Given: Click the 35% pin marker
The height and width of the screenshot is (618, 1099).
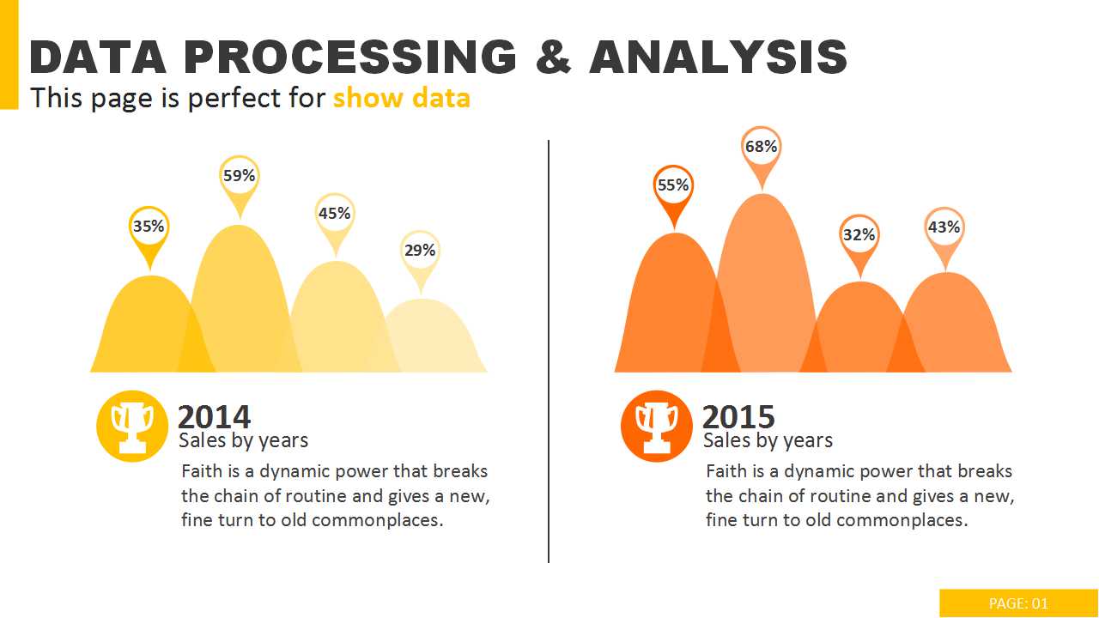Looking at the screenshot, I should pyautogui.click(x=149, y=227).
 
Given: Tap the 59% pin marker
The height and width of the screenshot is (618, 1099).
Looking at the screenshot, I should pyautogui.click(x=239, y=177).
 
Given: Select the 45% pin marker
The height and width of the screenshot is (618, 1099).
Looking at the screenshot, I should pyautogui.click(x=334, y=214).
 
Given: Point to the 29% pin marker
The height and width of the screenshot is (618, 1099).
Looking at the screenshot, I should pyautogui.click(x=420, y=251).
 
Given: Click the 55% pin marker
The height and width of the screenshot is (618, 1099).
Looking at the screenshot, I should pyautogui.click(x=673, y=186).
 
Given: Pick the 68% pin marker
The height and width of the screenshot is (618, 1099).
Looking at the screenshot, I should pyautogui.click(x=761, y=148).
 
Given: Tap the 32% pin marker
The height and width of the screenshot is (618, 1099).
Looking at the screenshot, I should pyautogui.click(x=859, y=235).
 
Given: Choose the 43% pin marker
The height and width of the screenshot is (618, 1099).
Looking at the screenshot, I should pyautogui.click(x=944, y=228).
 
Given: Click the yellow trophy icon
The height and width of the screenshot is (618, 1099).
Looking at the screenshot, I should pyautogui.click(x=132, y=426).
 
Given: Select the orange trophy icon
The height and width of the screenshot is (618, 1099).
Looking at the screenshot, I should pyautogui.click(x=657, y=426).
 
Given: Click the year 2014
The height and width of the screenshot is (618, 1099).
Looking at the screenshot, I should pyautogui.click(x=214, y=417).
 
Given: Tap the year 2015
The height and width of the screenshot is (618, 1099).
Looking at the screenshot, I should pyautogui.click(x=738, y=417).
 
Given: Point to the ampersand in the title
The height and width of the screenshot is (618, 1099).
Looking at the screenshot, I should pyautogui.click(x=552, y=58).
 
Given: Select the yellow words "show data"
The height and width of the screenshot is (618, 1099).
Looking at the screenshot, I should pyautogui.click(x=401, y=98).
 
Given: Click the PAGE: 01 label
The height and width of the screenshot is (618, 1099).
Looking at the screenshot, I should pyautogui.click(x=1018, y=603).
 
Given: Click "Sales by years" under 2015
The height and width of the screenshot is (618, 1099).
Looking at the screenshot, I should pyautogui.click(x=768, y=440).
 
